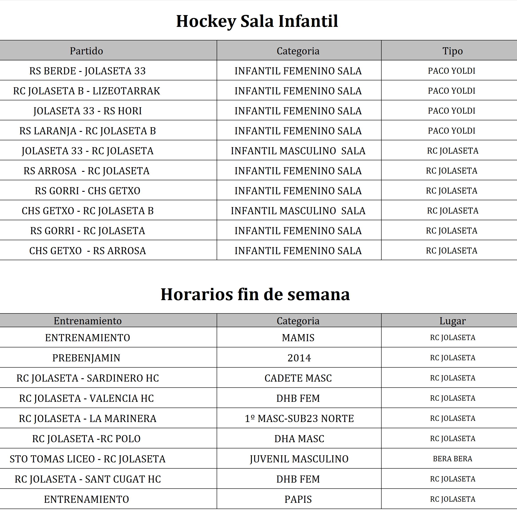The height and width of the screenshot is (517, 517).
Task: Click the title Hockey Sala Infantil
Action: pos(257,21)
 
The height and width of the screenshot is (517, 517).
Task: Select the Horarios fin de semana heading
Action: pos(255,294)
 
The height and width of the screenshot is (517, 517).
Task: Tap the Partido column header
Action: pos(86,51)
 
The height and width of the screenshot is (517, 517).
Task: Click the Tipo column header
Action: pos(452,51)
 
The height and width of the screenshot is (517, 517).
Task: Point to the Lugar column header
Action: pos(452,321)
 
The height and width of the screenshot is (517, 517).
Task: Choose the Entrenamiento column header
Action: pos(87,321)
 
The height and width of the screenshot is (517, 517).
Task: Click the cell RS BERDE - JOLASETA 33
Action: pos(87,71)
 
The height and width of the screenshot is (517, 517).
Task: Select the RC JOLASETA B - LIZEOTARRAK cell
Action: pos(86,91)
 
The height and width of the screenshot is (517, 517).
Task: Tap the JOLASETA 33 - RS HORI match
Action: pos(87,111)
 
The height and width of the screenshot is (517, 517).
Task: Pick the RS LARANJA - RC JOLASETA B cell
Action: pos(87,131)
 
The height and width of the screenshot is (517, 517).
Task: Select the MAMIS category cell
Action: pos(298,338)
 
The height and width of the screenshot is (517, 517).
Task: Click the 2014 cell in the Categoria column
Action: pos(299,358)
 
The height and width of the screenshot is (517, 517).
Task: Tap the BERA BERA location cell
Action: pos(452,459)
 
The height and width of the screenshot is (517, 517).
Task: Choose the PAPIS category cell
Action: pos(298,499)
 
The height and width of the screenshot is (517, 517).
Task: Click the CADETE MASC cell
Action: pos(298,378)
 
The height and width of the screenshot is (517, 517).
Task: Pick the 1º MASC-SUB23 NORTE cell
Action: pos(299,418)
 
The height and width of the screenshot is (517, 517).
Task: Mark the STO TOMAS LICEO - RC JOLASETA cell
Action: pos(87,459)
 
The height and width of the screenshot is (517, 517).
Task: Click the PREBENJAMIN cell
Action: pos(86,358)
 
